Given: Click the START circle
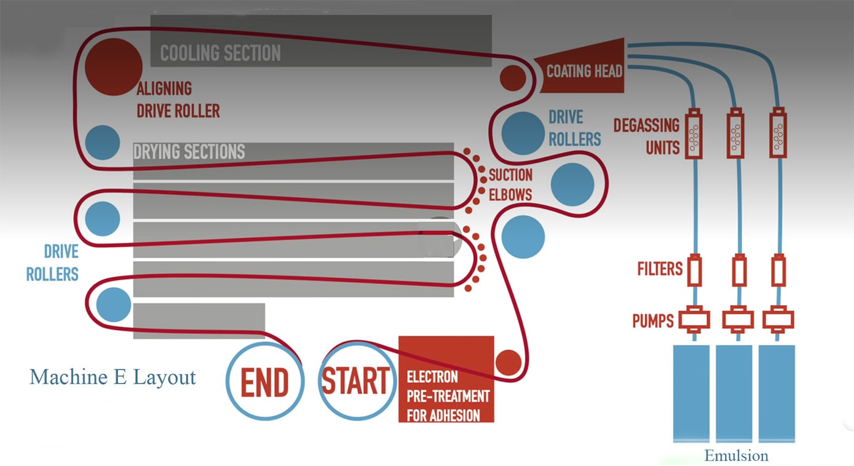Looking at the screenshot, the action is [357, 381].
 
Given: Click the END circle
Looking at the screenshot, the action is [265, 381].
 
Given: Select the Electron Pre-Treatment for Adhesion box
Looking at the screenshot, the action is [446, 379].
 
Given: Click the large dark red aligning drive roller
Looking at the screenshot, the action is [113, 67].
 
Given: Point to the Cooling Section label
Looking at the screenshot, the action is [220, 53].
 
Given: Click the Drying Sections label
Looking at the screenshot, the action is [189, 152].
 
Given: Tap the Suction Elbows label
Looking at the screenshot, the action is [510, 185].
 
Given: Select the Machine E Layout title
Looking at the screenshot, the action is [113, 377].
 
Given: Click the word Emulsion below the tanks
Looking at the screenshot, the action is [736, 456].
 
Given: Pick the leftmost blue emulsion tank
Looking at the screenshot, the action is [691, 393].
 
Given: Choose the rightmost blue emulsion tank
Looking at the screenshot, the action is [777, 393].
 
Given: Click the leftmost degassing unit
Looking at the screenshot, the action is [694, 133].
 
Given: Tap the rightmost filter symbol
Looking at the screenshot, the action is [778, 270].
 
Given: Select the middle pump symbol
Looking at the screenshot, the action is [738, 320].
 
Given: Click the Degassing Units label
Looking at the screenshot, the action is [647, 136].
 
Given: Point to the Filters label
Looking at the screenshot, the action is [660, 269].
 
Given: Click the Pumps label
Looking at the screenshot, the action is [653, 321].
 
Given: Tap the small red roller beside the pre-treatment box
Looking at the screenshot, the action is [508, 363].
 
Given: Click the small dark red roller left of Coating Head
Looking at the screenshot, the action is [513, 78].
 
